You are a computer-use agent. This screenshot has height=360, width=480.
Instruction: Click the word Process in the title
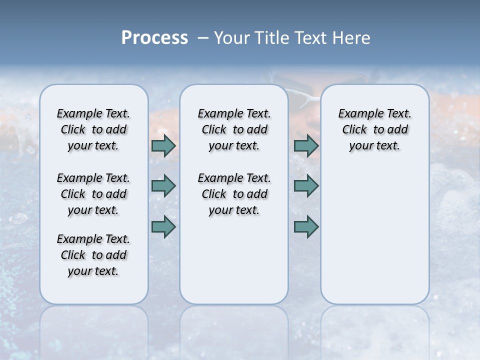(x=154, y=38)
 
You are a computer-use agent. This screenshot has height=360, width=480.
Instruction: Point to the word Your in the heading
(x=232, y=38)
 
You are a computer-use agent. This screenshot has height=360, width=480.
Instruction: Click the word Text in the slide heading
(x=310, y=38)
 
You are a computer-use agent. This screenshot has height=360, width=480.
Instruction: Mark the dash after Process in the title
(x=203, y=38)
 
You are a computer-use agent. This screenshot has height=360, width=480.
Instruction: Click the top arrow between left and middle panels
(x=163, y=146)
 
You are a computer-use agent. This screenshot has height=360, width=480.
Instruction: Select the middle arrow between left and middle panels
(x=163, y=186)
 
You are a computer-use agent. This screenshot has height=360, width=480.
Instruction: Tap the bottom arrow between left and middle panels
(x=163, y=226)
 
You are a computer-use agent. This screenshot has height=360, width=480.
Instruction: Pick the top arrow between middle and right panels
(x=306, y=146)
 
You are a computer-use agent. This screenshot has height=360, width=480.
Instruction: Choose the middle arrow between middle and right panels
(x=306, y=186)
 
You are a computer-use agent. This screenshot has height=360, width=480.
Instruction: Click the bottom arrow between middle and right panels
(x=306, y=226)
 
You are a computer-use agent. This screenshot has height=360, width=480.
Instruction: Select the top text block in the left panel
(x=93, y=129)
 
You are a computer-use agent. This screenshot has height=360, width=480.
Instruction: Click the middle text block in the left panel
(x=93, y=194)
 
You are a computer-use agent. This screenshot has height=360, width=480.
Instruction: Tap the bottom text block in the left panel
(x=93, y=255)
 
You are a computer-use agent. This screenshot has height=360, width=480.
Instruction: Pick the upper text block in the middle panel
(x=234, y=129)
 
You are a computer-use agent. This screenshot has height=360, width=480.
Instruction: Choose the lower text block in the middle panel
(x=234, y=194)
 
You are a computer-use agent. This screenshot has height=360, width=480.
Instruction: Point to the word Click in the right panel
(x=354, y=130)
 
